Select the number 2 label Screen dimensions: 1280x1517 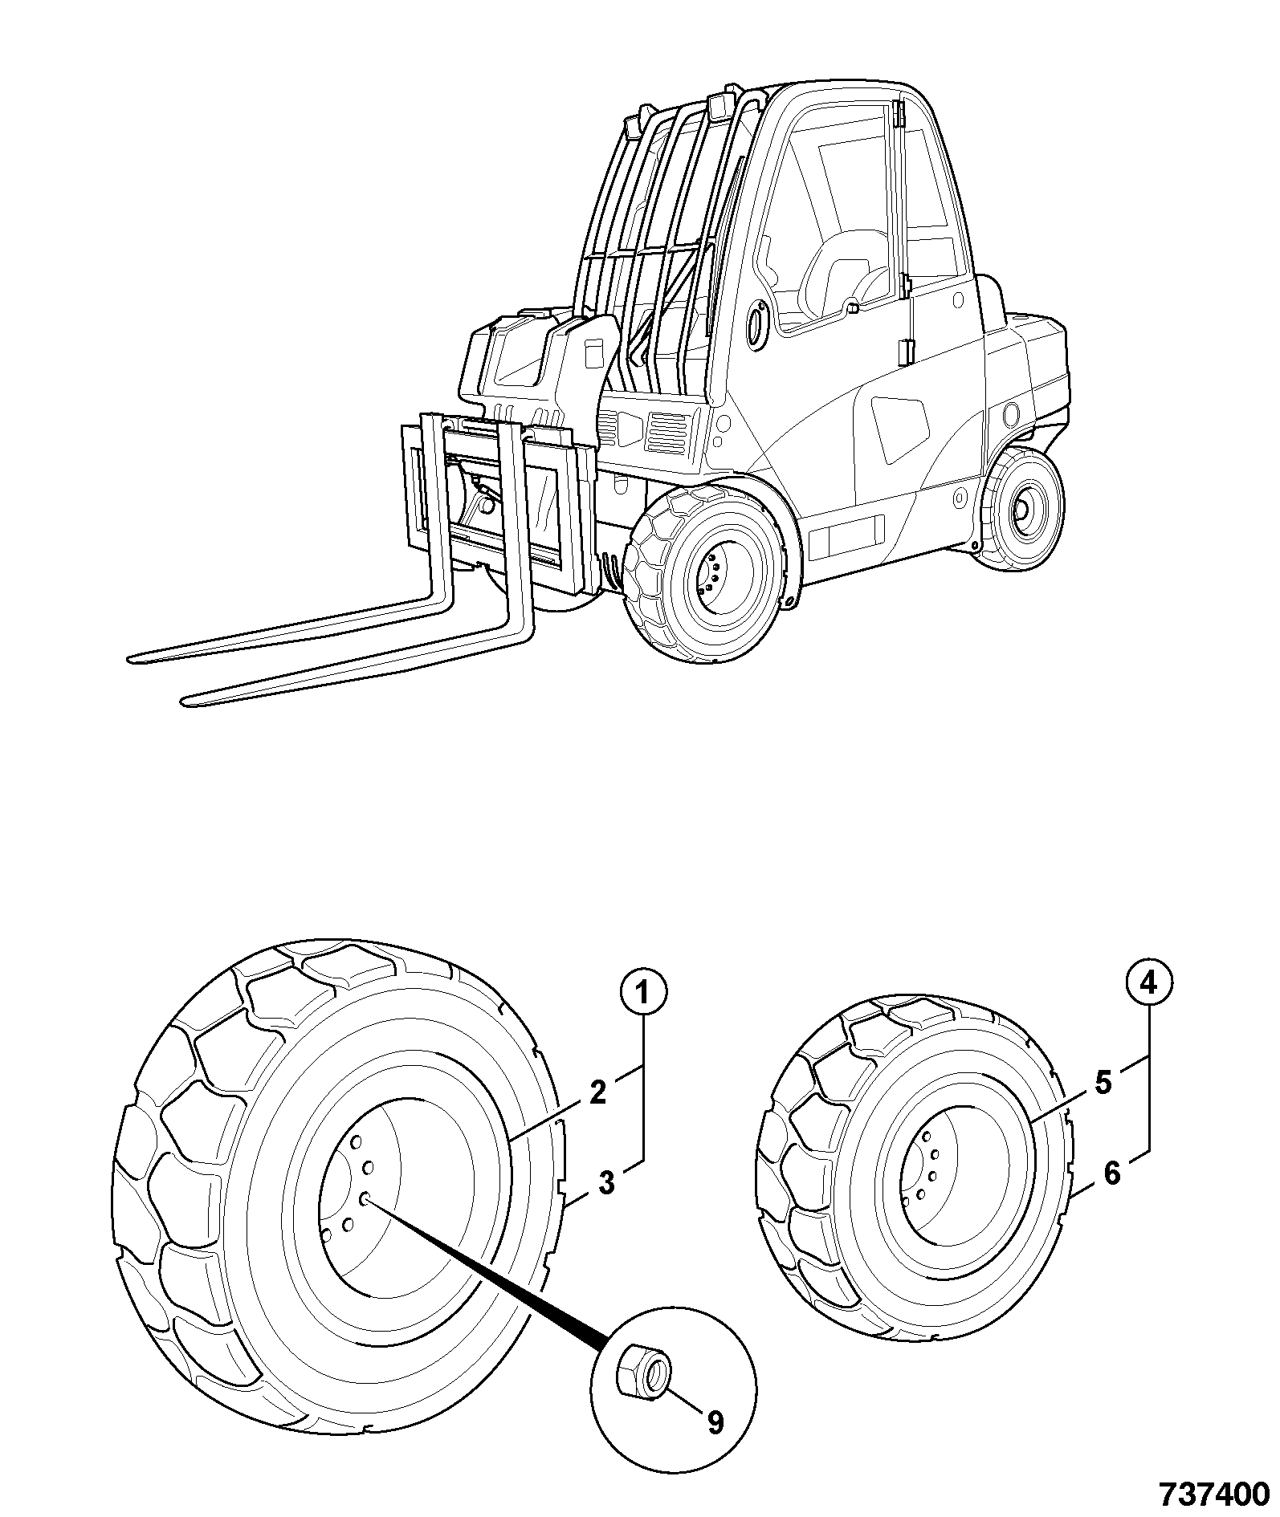coord(597,1093)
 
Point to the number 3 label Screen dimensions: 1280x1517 coord(607,1182)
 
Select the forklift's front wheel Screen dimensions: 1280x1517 coord(705,574)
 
